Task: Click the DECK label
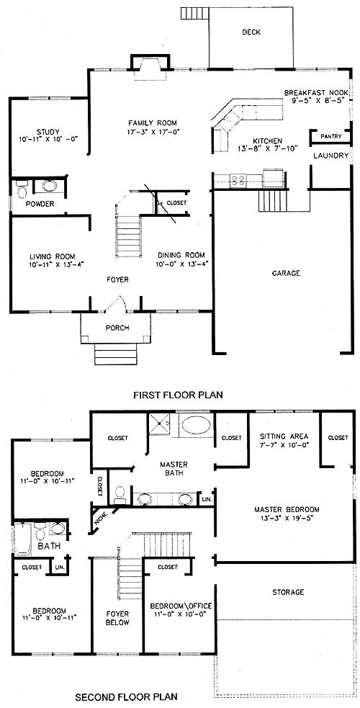tap(251, 32)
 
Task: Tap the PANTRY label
tap(330, 136)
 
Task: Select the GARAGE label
tap(286, 273)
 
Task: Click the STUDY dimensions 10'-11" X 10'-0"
tap(49, 140)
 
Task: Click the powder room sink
tap(49, 187)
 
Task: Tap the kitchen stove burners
tap(239, 181)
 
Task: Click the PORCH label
tap(117, 328)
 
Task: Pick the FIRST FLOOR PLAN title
tap(178, 395)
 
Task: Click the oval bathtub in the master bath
tap(195, 426)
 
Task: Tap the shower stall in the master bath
tap(160, 424)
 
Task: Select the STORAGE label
tap(288, 592)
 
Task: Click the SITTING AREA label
tap(284, 436)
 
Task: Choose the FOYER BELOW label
tap(117, 618)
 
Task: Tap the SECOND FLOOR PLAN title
tap(126, 696)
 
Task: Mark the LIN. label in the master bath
tap(207, 500)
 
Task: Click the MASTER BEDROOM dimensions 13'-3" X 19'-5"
tap(287, 518)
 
